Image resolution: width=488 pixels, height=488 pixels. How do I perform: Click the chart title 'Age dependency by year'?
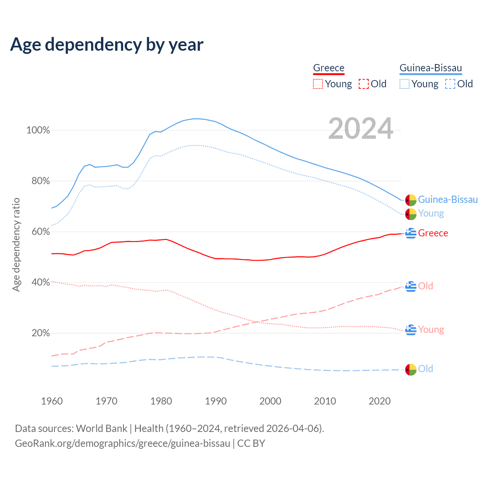107,45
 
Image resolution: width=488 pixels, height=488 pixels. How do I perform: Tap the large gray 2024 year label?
361,129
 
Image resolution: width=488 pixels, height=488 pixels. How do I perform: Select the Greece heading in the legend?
329,68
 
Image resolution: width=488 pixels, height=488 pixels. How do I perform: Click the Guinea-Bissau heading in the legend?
430,68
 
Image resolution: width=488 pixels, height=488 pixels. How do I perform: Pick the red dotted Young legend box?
318,84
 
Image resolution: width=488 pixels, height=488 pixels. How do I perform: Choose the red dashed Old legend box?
364,84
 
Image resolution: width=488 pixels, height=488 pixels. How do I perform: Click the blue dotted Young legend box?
405,84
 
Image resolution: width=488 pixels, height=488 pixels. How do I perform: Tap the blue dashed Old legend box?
450,84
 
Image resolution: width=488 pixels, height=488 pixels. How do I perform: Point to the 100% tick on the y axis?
38,130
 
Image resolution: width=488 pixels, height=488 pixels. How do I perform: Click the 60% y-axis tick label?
40,232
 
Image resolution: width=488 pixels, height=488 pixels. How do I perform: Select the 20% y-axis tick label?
40,333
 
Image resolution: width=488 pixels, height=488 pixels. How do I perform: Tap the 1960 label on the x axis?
52,401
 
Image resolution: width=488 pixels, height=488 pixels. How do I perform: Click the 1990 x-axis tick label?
216,401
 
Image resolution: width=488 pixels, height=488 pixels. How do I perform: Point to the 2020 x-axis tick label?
380,401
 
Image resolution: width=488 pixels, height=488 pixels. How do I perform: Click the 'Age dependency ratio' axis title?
16,244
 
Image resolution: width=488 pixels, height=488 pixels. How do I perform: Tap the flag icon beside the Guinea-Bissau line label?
411,200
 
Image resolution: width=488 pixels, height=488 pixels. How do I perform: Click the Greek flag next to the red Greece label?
411,233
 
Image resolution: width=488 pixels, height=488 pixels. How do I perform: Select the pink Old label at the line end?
425,286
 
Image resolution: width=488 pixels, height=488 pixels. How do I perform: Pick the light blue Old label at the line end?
425,369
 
